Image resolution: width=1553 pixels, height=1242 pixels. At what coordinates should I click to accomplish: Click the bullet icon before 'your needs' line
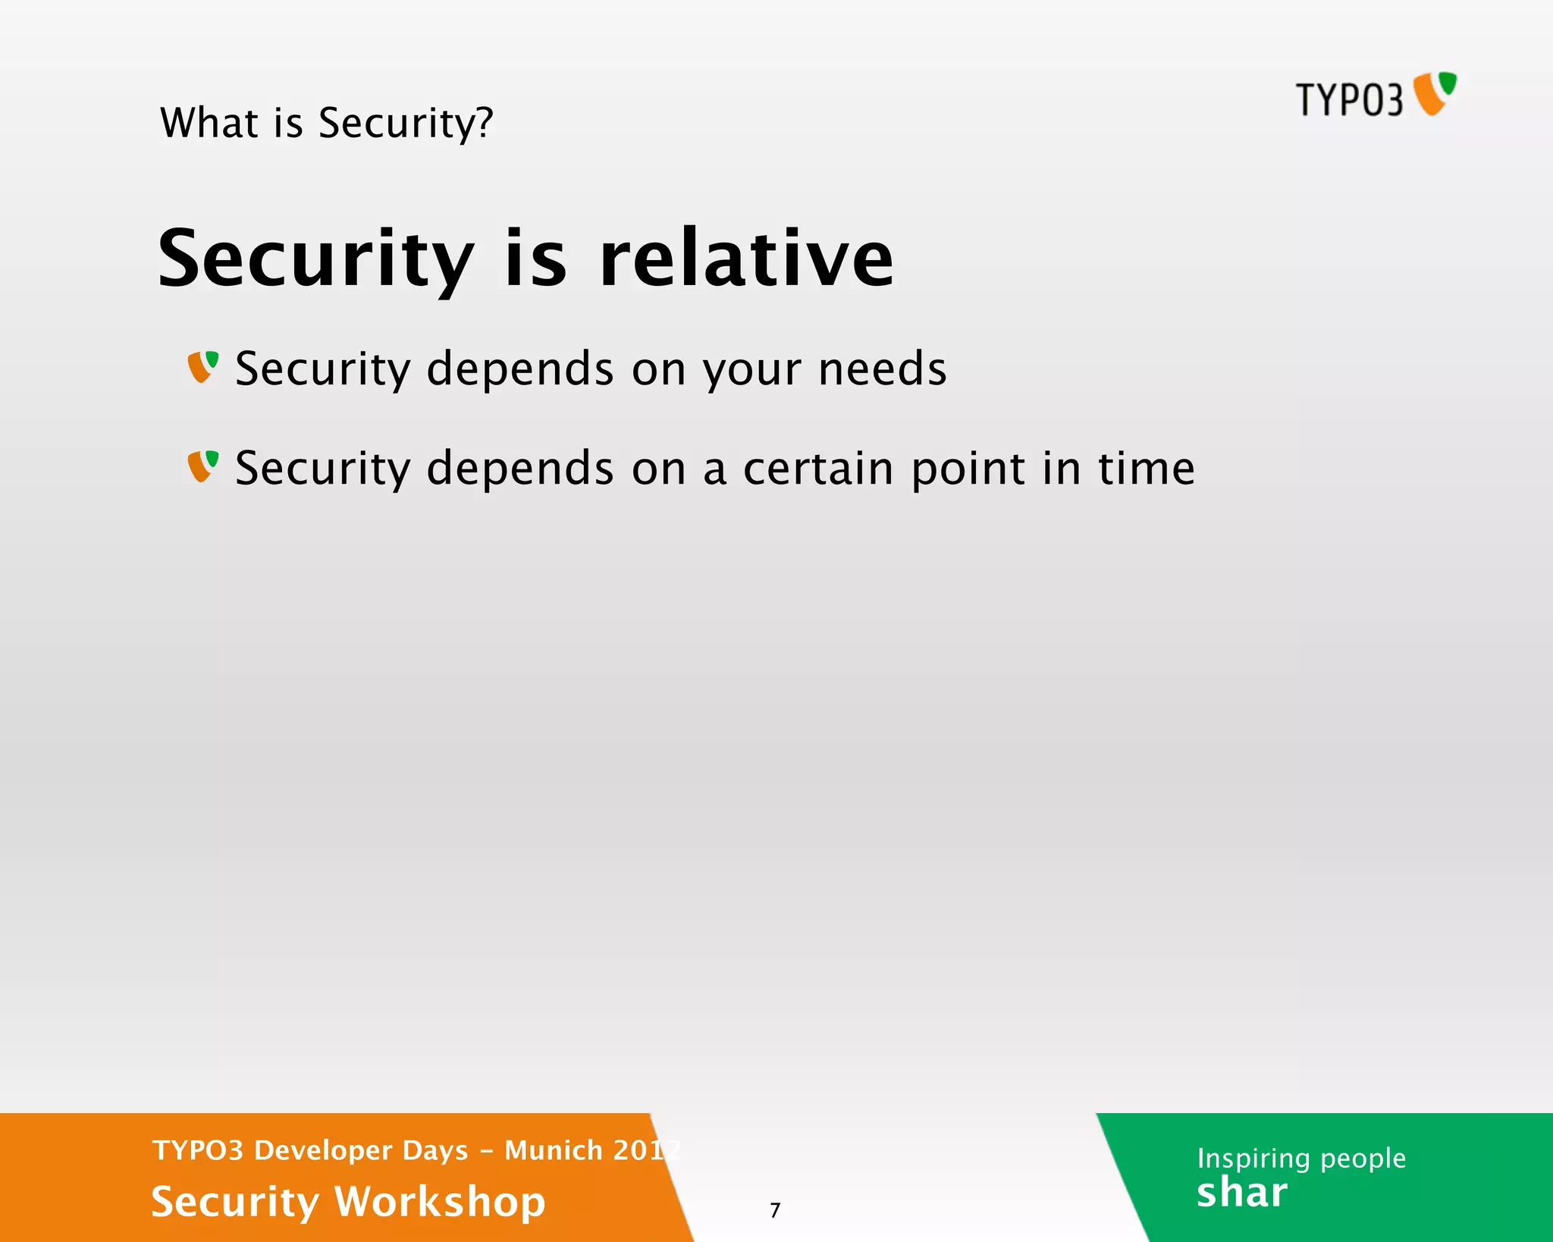[203, 367]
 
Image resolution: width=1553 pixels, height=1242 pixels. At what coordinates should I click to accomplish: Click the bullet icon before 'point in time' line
[203, 466]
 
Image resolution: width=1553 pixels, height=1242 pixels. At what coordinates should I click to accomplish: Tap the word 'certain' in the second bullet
[817, 469]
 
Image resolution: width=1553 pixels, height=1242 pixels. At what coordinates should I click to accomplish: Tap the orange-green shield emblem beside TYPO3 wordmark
[1435, 94]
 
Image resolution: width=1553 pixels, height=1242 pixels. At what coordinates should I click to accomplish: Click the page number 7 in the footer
[775, 1210]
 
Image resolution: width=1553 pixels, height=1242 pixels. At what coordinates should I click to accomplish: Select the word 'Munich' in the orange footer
[553, 1150]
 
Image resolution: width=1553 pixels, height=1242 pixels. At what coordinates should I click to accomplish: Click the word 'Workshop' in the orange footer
[440, 1203]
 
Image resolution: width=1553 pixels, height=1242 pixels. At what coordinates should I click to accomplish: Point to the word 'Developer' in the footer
[361, 1151]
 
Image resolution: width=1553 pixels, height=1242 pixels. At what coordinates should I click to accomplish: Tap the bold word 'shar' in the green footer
[1241, 1193]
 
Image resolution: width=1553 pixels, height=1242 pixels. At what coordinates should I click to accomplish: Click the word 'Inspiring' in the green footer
[1253, 1159]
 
